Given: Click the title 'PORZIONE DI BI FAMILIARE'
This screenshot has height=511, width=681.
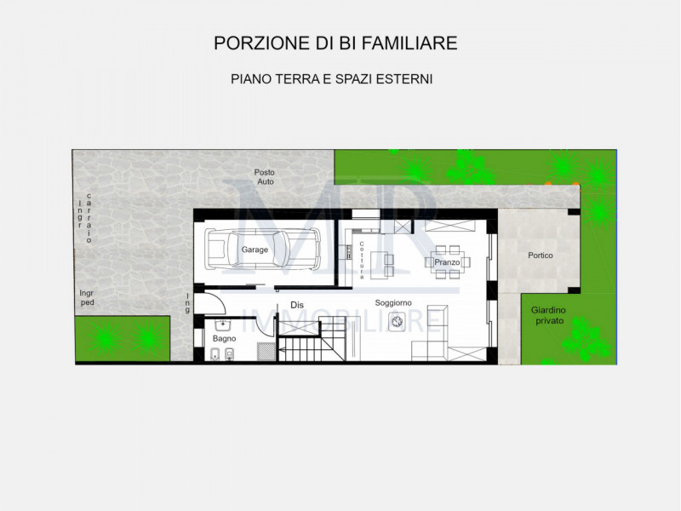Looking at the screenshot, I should [336, 43].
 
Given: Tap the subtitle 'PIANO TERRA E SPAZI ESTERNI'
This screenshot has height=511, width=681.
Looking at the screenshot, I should [332, 78].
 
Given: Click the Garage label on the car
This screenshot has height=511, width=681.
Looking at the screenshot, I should [255, 250].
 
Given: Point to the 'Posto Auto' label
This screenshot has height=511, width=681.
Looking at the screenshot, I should [265, 177].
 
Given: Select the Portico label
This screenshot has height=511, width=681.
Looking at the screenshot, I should [540, 255].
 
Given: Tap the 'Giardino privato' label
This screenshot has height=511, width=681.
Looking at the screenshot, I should [549, 315].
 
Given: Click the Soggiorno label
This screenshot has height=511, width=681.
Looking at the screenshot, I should [393, 302].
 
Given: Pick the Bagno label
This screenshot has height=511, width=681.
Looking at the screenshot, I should [225, 339].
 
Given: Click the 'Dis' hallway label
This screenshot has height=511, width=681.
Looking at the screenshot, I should [297, 304].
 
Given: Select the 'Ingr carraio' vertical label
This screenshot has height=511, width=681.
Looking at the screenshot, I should [85, 220].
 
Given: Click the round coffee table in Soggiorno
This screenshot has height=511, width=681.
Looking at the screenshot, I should [397, 321].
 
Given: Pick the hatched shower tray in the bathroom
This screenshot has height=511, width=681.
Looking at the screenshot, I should [266, 349].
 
